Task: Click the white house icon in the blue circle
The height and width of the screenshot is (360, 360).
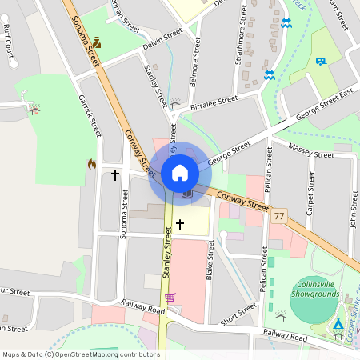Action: click(180, 172)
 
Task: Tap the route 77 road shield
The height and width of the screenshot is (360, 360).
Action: click(279, 217)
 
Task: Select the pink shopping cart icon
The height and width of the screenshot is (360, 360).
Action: click(170, 298)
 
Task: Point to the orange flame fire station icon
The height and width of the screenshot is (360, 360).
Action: click(92, 164)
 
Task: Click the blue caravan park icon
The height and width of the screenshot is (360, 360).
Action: click(321, 61)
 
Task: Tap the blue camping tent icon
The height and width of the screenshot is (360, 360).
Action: click(338, 325)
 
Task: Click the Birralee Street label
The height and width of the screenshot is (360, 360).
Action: click(214, 102)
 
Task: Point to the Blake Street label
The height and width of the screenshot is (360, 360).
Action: click(210, 263)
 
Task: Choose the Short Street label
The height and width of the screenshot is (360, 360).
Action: click(238, 313)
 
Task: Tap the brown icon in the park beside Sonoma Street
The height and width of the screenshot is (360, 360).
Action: click(97, 42)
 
